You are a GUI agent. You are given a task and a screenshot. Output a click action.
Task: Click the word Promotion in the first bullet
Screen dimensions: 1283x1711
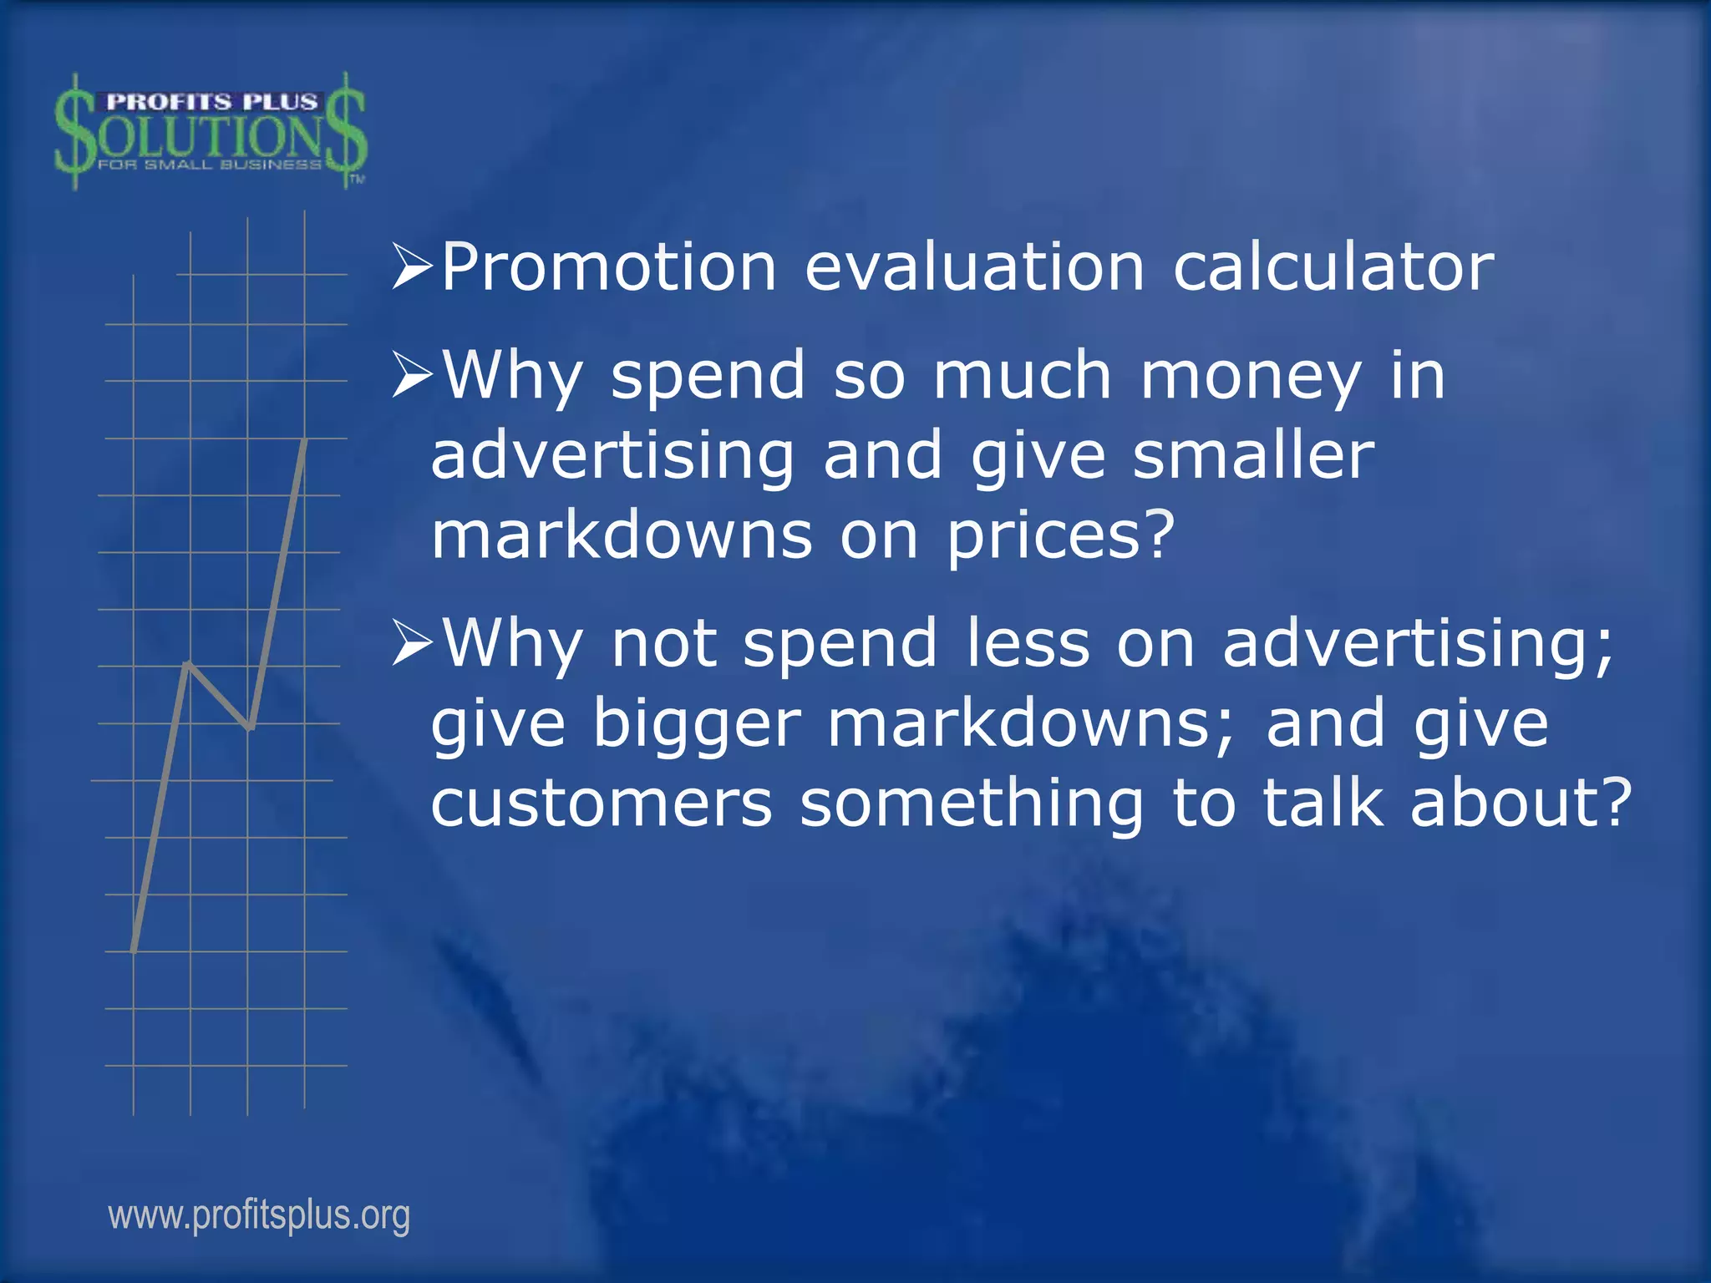coord(609,268)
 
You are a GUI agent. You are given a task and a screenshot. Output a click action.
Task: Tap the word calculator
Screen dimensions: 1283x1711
coord(1333,268)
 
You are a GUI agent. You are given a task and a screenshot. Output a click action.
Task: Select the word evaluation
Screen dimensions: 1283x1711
coord(974,268)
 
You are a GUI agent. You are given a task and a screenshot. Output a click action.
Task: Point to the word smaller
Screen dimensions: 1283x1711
coord(1252,456)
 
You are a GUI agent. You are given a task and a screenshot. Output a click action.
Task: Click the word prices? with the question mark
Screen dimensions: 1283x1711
coord(1061,536)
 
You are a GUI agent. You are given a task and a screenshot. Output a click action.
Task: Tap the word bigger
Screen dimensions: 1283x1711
coord(697,724)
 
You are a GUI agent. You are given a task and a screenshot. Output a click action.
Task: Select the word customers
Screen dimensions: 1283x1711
coord(602,804)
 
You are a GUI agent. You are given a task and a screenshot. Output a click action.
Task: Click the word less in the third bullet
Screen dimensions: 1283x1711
coord(1028,644)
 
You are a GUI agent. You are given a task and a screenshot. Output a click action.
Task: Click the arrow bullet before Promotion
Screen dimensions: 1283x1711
coord(412,268)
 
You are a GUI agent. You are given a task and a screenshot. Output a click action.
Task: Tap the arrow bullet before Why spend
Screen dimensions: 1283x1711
coord(412,377)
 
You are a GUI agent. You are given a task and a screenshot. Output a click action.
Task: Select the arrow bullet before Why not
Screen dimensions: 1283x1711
coord(412,644)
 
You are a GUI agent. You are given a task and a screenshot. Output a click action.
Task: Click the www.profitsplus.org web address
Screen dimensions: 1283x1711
coord(259,1215)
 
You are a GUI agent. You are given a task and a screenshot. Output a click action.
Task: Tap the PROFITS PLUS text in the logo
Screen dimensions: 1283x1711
coord(211,102)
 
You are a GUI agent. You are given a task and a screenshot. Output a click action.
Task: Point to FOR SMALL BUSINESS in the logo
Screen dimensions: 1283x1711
coord(210,165)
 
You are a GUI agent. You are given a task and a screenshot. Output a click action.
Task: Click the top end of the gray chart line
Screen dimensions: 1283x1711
coord(305,440)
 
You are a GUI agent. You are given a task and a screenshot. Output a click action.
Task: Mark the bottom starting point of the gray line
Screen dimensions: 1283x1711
coord(134,950)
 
